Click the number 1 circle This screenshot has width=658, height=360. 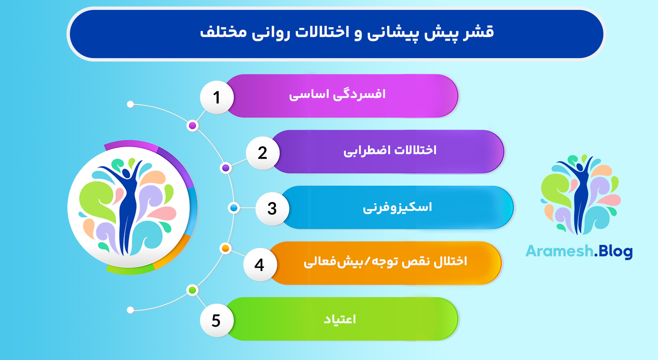click(217, 97)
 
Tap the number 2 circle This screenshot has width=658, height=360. click(263, 153)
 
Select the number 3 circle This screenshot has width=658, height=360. click(272, 209)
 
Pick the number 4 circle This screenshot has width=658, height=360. click(259, 264)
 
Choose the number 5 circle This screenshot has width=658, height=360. click(216, 320)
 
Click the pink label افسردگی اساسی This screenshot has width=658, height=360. click(337, 94)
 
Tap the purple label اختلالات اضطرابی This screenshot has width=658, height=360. click(390, 150)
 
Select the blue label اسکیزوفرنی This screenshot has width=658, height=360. click(397, 207)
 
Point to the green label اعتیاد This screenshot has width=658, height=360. click(340, 319)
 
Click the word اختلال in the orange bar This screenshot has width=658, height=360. click(451, 261)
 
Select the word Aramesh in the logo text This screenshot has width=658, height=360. click(559, 251)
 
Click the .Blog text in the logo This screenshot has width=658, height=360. click(613, 251)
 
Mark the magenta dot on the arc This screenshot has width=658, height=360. click(193, 126)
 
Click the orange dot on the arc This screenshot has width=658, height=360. click(225, 248)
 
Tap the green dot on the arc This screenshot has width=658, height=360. click(192, 290)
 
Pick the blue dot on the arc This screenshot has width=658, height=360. click(234, 208)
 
